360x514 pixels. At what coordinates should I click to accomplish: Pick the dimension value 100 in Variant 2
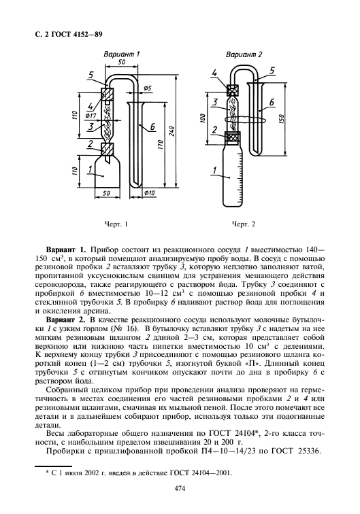(204, 118)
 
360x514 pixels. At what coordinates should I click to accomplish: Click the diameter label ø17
(89, 115)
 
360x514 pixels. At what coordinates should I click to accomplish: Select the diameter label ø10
(150, 195)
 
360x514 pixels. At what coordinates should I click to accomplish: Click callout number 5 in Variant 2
(272, 70)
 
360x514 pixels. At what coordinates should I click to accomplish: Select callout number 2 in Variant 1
(90, 143)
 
